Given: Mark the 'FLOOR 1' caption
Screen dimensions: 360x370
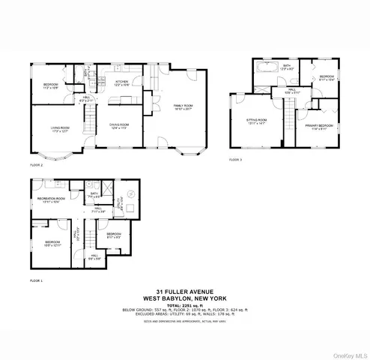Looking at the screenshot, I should click(x=37, y=280).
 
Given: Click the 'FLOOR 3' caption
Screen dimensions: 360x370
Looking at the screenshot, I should click(x=236, y=160).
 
